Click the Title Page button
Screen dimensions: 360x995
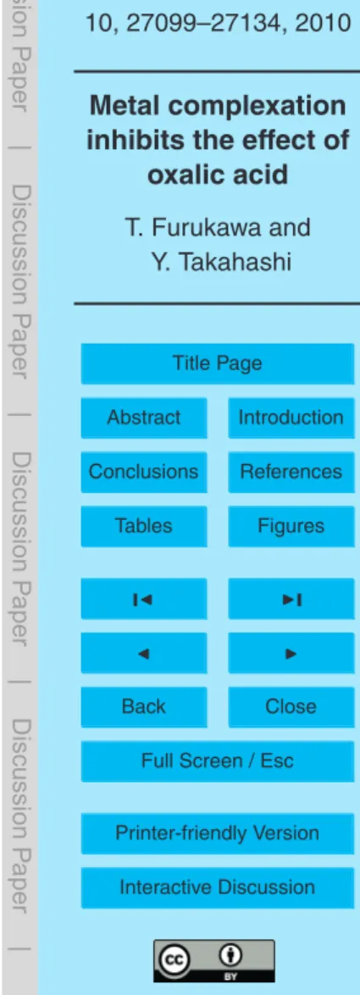tap(217, 363)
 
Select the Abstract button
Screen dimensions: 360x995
tap(143, 417)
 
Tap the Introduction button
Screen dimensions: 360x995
tap(291, 417)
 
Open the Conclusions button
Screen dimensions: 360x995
tap(143, 472)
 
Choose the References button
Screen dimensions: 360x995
tap(291, 472)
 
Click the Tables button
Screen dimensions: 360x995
tap(143, 526)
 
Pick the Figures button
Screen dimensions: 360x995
tap(291, 526)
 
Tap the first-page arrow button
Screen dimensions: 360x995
tap(143, 599)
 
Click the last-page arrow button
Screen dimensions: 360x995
tap(291, 599)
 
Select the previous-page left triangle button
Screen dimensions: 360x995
tap(143, 652)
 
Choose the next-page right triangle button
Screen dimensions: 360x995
tap(291, 652)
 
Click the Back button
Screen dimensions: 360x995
tap(143, 706)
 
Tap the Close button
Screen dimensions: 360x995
tap(291, 706)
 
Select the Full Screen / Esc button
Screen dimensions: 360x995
tap(217, 760)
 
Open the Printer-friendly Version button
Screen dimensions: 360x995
tap(217, 833)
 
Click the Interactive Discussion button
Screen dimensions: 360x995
tap(217, 887)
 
